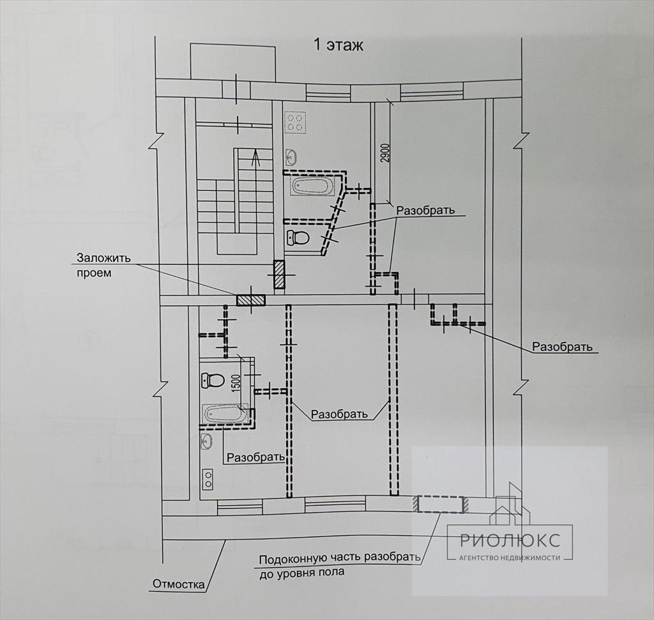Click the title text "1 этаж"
pos(338,45)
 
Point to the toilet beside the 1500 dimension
pos(213,381)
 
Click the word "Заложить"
pos(104,259)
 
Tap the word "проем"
pos(95,273)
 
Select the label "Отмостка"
pos(179,584)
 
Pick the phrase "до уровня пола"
pos(301,572)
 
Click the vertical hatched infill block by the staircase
pos(279,275)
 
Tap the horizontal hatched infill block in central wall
pos(251,299)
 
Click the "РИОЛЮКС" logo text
pos(510,540)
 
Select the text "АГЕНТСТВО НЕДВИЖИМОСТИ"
pos(510,557)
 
